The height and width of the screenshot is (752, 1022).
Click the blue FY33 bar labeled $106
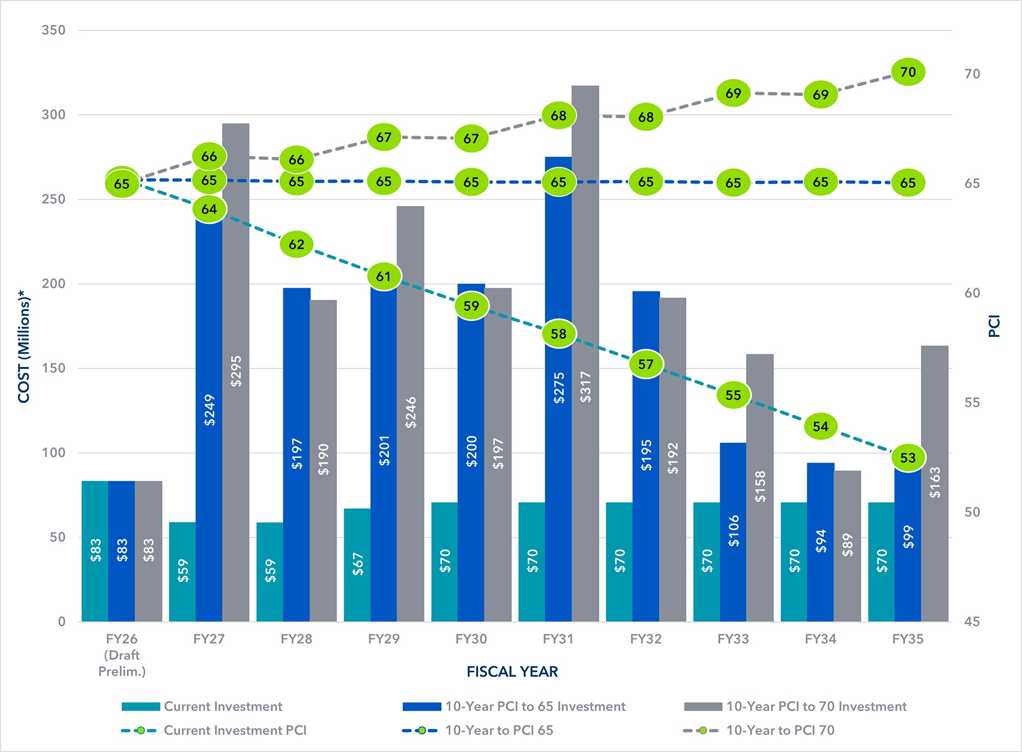pyautogui.click(x=733, y=532)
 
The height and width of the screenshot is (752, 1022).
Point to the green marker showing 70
pyautogui.click(x=908, y=72)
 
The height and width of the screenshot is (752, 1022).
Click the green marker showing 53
pyautogui.click(x=908, y=458)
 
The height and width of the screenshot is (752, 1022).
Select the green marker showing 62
pyautogui.click(x=296, y=244)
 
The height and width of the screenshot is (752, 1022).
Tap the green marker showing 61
pyautogui.click(x=384, y=277)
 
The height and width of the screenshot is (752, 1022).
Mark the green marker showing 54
pyautogui.click(x=821, y=426)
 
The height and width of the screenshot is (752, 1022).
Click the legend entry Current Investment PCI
pyautogui.click(x=235, y=731)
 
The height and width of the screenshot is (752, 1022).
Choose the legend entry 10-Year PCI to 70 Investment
pyautogui.click(x=816, y=707)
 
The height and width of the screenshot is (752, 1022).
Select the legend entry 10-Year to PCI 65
pyautogui.click(x=499, y=731)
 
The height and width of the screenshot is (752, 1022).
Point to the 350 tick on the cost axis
pyautogui.click(x=54, y=30)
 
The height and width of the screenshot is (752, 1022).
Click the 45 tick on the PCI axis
pyautogui.click(x=972, y=622)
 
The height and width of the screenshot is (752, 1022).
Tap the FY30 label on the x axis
pyautogui.click(x=471, y=639)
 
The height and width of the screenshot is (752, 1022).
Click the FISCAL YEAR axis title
pyautogui.click(x=512, y=672)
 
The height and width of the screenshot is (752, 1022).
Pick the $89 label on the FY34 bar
pyautogui.click(x=847, y=545)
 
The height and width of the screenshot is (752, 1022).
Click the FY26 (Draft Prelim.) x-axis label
pyautogui.click(x=122, y=655)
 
